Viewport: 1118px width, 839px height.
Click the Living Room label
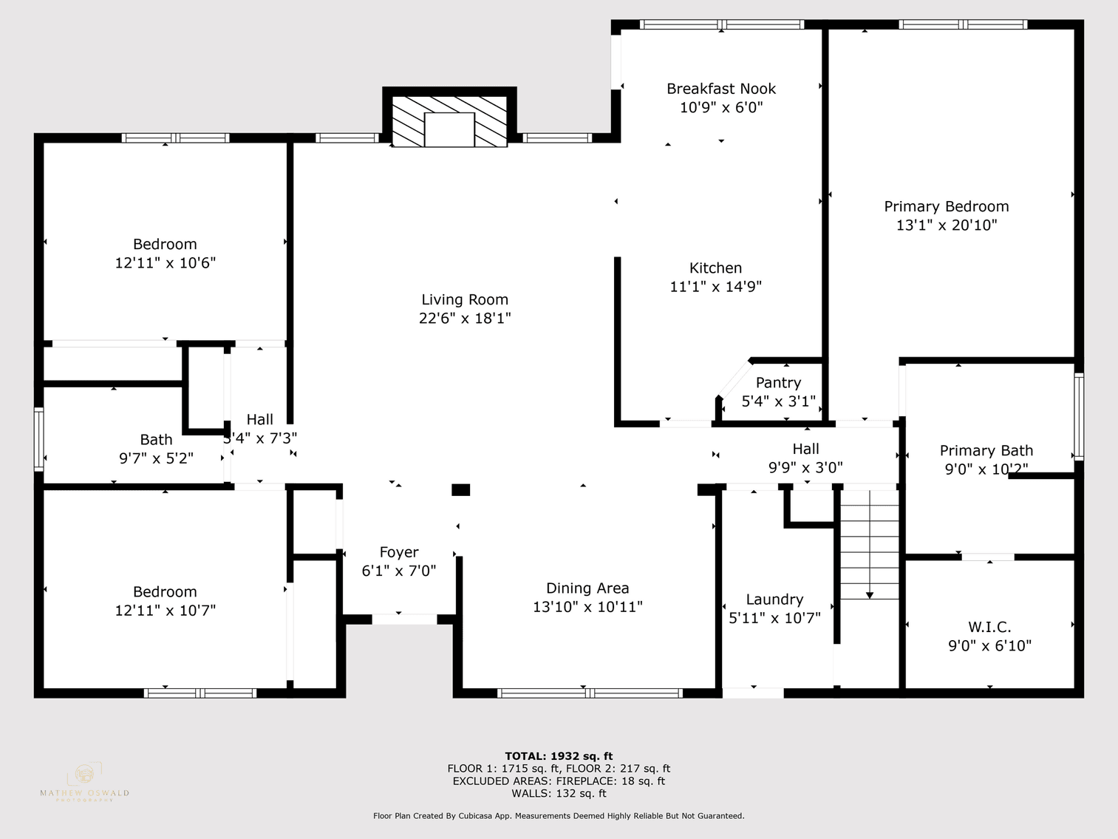point(465,299)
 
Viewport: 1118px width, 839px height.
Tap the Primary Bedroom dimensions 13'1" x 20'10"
point(947,225)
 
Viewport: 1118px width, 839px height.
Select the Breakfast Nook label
point(721,89)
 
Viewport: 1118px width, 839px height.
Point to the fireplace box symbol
point(449,129)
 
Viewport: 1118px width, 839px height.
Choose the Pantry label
point(778,383)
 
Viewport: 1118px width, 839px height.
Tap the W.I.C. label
point(989,627)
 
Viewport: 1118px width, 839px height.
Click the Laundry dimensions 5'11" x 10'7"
point(774,618)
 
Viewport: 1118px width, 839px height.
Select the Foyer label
point(399,552)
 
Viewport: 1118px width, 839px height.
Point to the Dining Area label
point(587,588)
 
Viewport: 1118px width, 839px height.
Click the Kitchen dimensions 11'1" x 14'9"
point(715,287)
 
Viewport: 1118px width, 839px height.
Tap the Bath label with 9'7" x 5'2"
point(156,440)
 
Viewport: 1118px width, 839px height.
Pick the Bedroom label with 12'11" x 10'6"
point(165,244)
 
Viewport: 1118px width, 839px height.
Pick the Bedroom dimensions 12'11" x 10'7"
point(165,611)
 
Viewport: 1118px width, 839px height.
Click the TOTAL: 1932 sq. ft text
point(559,755)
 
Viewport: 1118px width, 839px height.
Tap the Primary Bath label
point(986,451)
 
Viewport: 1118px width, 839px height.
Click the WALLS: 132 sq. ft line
point(559,793)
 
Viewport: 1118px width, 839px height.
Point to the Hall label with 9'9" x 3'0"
point(805,449)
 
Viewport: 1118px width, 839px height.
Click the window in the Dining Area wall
point(589,693)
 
